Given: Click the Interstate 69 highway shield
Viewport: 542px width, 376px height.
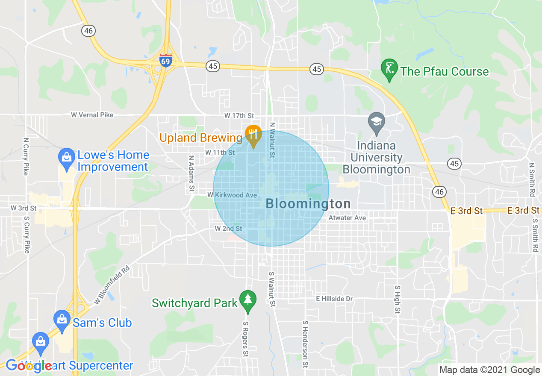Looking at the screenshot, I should pos(166,61).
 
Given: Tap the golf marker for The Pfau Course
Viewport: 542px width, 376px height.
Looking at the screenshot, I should pos(389,70).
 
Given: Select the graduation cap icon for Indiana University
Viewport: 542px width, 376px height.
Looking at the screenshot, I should pos(377,122).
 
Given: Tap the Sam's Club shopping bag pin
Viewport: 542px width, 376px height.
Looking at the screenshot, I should pos(62,320).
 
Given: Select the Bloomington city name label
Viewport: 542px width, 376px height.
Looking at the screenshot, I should pos(308,204).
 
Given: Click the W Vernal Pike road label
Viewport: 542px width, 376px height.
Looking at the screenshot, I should pos(92,115).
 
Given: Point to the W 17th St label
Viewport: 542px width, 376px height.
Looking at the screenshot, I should pos(239,116).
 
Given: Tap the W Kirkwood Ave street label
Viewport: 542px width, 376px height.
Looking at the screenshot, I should pos(232,195).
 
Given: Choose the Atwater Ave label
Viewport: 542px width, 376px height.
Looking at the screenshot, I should pos(347,218).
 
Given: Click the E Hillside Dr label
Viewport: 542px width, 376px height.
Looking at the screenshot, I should pos(334,299).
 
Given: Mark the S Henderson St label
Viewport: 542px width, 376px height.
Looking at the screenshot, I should pos(305,344).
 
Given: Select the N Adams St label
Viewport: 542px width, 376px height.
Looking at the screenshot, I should pos(191,173).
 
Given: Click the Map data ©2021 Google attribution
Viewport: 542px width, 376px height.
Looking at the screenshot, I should pos(490,370).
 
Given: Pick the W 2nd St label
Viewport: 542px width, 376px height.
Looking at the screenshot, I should pos(228,229).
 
